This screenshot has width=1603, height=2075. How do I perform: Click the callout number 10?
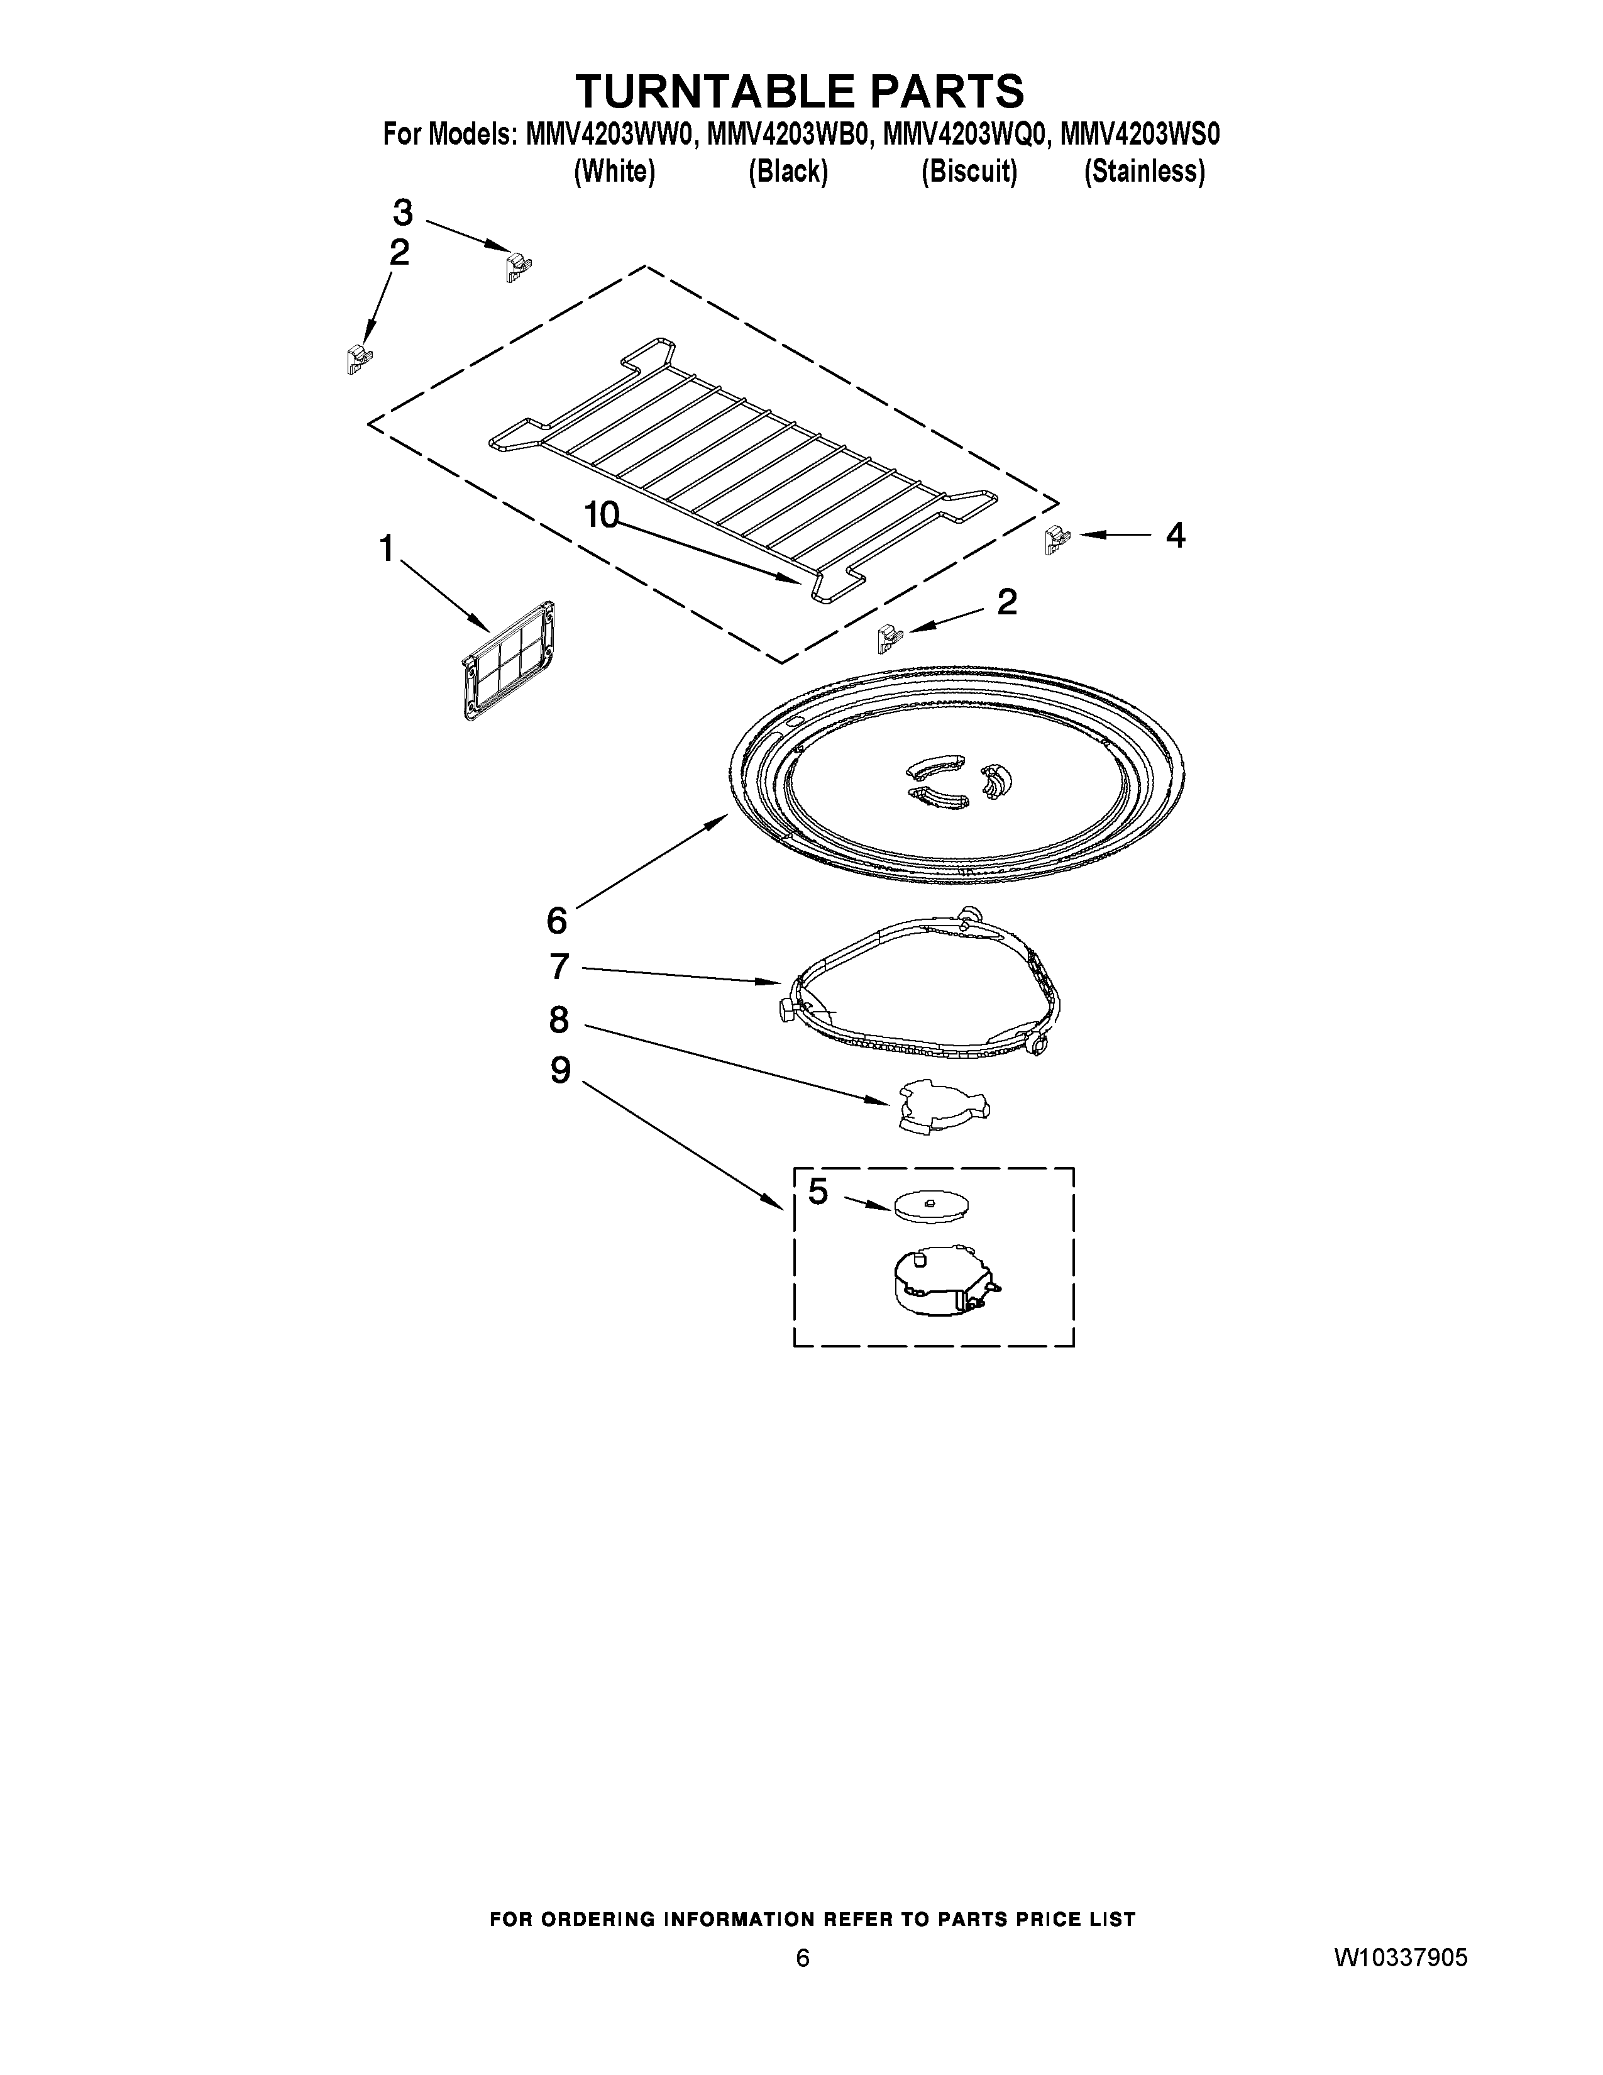click(601, 515)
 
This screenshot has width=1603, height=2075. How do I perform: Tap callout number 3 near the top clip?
click(404, 212)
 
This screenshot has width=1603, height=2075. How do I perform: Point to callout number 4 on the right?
click(1175, 536)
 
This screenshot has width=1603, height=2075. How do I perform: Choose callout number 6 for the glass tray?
click(556, 920)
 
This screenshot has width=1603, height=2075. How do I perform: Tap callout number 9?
click(560, 1071)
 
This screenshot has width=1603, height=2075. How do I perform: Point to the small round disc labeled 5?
click(930, 1205)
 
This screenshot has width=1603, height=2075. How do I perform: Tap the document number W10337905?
click(1401, 1958)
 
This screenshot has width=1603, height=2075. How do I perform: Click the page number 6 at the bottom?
click(803, 1958)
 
